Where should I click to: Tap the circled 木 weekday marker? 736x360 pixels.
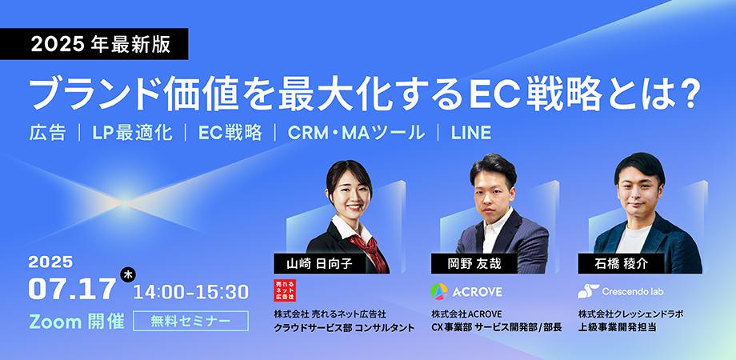click(128, 274)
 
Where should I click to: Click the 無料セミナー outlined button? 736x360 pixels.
click(190, 322)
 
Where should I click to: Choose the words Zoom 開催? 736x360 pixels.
click(76, 322)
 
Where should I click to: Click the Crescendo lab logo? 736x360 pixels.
click(621, 291)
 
